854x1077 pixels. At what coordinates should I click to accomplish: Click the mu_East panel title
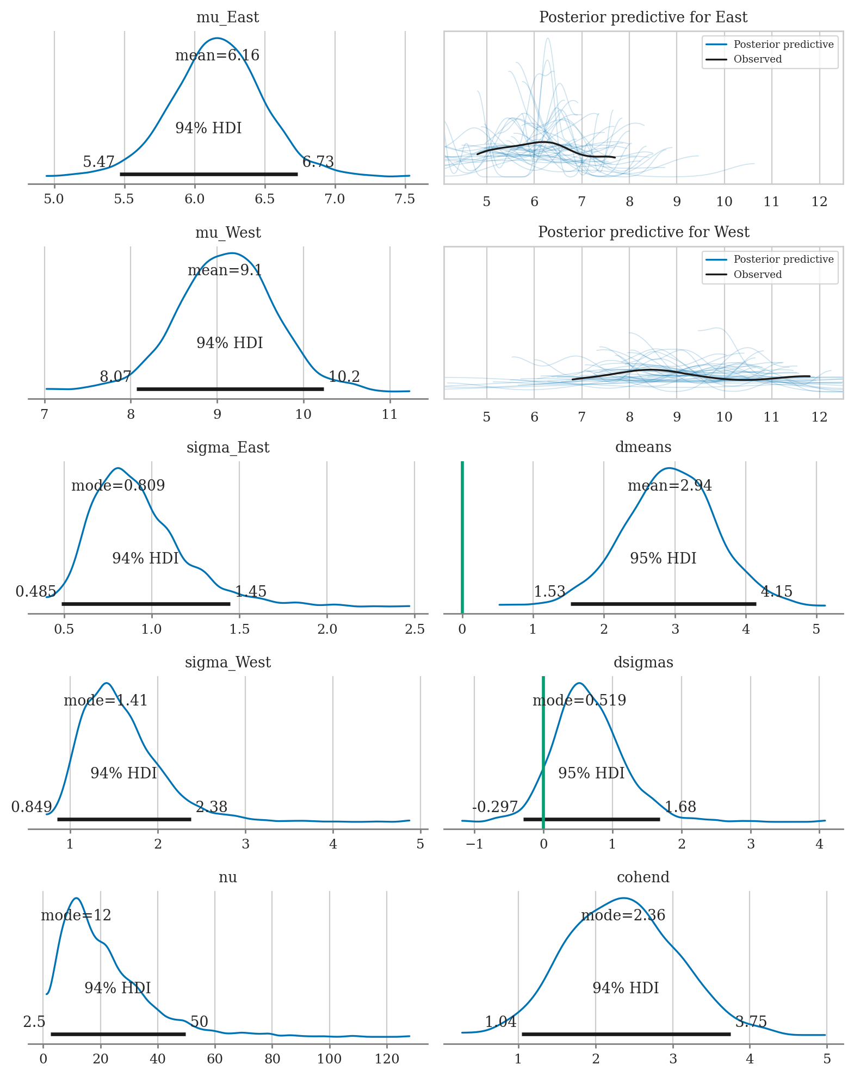pos(227,17)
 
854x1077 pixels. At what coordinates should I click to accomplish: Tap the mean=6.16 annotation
pos(217,55)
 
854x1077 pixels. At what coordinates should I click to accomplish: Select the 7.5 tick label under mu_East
pos(405,199)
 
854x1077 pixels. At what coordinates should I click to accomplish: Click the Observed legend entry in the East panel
pos(757,59)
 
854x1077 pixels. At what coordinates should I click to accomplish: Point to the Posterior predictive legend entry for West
pos(783,259)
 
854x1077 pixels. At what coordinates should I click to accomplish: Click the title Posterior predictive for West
pos(643,232)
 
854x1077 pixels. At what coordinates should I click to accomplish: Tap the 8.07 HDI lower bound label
pos(115,376)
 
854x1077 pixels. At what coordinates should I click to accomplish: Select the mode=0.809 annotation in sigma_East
pos(118,485)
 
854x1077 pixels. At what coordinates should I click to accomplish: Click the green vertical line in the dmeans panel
pos(462,536)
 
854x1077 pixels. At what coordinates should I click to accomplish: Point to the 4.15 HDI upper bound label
pos(776,591)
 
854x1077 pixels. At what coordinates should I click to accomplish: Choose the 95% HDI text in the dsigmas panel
pos(591,773)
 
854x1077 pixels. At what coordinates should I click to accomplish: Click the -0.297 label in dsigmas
pos(495,807)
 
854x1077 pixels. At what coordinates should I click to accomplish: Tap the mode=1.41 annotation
pos(106,700)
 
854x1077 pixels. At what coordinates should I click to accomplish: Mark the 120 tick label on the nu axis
pos(387,1059)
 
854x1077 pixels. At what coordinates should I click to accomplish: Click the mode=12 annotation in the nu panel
pos(76,915)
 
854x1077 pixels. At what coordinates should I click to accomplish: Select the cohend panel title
pos(643,877)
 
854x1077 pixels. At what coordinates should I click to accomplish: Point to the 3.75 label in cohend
pos(751,1022)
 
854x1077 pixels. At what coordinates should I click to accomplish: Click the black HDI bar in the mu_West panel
pos(230,389)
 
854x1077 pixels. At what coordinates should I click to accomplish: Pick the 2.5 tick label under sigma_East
pos(414,629)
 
